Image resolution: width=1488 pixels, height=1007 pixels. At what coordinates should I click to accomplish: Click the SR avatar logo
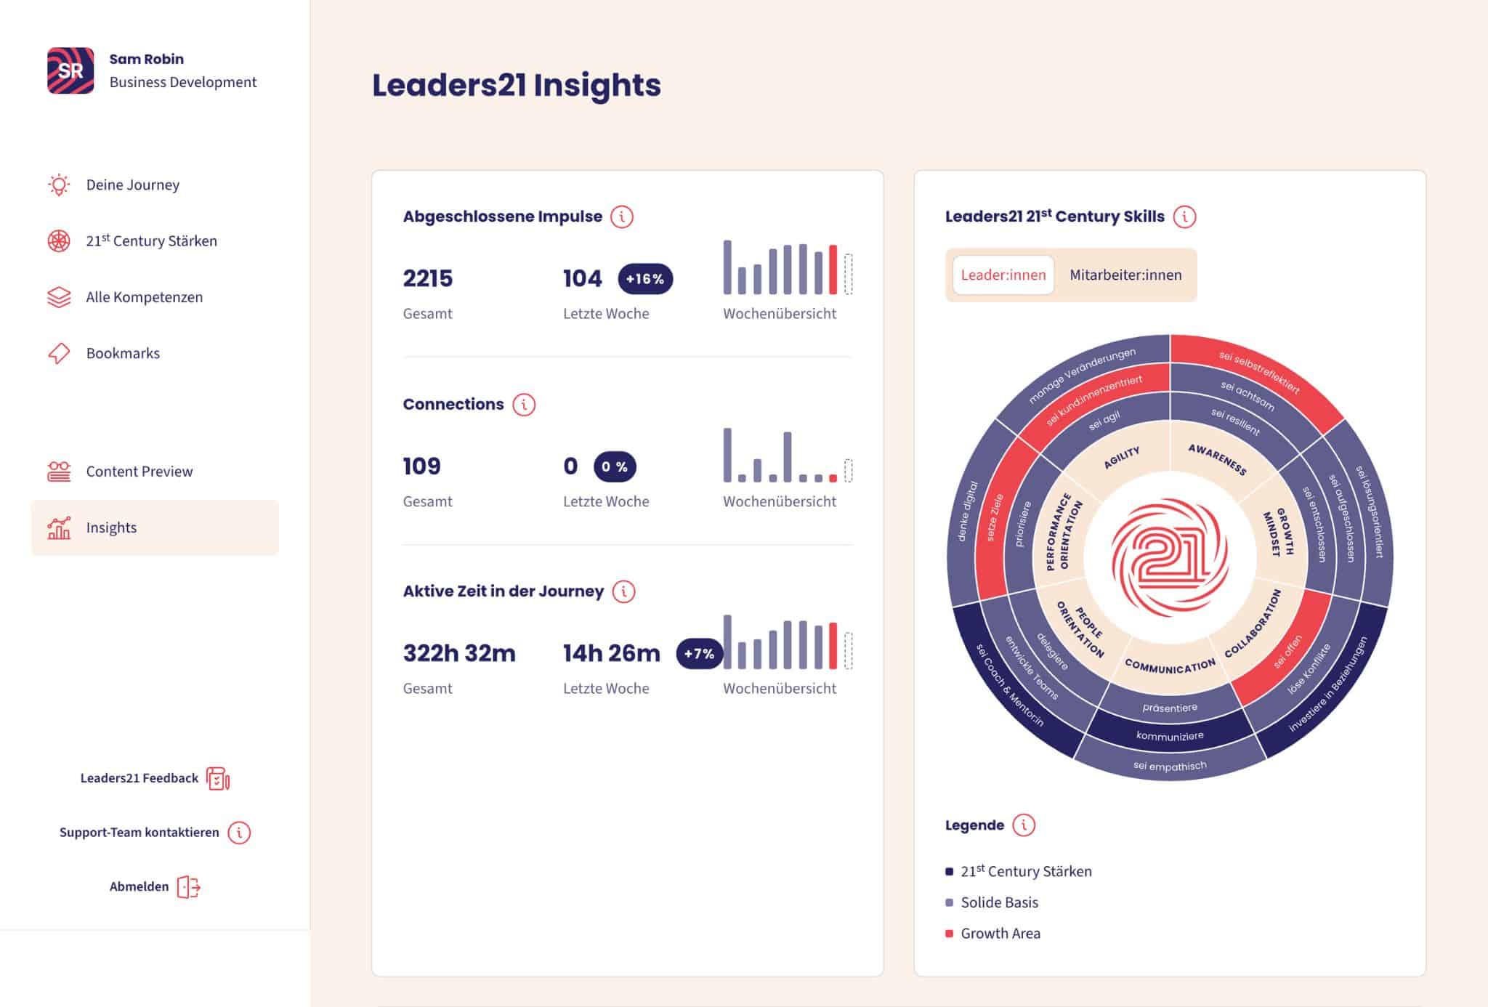(70, 70)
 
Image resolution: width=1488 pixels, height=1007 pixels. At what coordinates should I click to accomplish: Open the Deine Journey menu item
(132, 185)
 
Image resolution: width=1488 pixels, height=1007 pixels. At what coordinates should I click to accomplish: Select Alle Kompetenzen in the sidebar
(144, 297)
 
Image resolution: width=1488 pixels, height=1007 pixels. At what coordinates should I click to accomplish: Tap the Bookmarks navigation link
(123, 353)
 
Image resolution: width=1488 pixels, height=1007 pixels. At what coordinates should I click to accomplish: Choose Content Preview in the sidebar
(139, 472)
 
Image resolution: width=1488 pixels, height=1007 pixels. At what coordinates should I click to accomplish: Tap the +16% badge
(645, 279)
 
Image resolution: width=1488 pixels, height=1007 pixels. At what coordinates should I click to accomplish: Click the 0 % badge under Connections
(615, 466)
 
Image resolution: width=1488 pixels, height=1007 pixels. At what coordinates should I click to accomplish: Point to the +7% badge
(699, 653)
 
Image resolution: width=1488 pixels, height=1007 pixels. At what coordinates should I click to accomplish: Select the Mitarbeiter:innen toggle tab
(1125, 275)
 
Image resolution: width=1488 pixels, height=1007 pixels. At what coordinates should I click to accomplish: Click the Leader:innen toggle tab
(1003, 275)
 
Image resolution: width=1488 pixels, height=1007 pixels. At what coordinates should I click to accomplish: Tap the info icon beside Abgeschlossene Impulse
(622, 217)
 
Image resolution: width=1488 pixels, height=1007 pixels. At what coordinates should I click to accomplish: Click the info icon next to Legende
(1024, 825)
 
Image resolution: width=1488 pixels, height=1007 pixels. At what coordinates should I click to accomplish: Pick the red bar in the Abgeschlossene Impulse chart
(833, 270)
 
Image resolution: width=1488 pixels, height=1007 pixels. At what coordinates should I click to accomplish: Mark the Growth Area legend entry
(1000, 934)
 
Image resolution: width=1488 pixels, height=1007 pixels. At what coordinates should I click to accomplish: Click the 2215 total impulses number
(428, 278)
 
